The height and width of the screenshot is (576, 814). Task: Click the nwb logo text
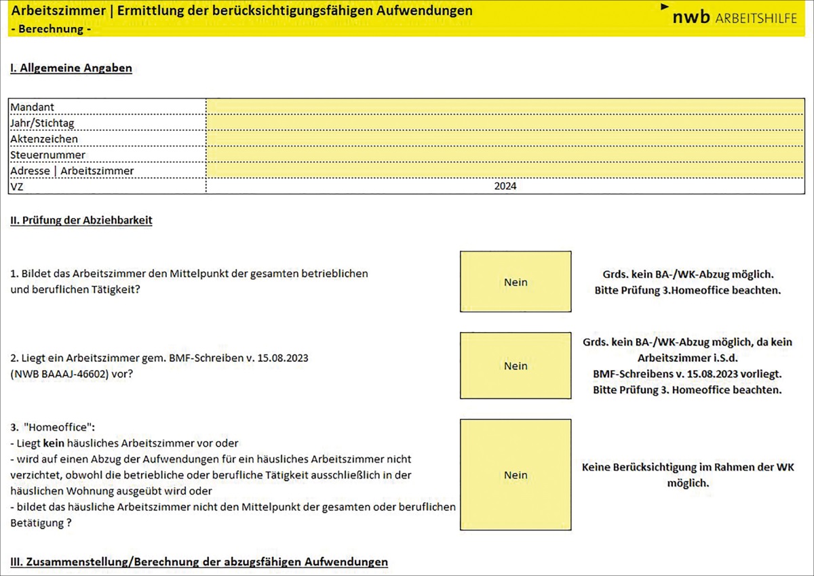click(691, 18)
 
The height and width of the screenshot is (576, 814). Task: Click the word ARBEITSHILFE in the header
click(756, 18)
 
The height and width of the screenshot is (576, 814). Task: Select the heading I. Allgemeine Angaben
click(71, 68)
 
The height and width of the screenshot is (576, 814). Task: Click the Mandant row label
click(33, 107)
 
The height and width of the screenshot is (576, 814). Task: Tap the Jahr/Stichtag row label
click(43, 123)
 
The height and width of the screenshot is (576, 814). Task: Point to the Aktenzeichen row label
click(44, 139)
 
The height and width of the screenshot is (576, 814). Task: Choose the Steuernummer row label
click(47, 155)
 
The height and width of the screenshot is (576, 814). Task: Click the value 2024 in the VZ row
click(505, 186)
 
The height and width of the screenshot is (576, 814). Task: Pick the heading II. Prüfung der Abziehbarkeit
click(81, 220)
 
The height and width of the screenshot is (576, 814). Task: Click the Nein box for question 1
click(516, 282)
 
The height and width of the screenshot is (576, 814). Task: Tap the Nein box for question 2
click(516, 366)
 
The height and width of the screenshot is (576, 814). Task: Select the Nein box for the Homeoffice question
click(516, 475)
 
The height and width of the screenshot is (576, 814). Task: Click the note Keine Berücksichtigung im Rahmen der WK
click(688, 468)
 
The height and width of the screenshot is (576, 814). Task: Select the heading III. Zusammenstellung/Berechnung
click(199, 562)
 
